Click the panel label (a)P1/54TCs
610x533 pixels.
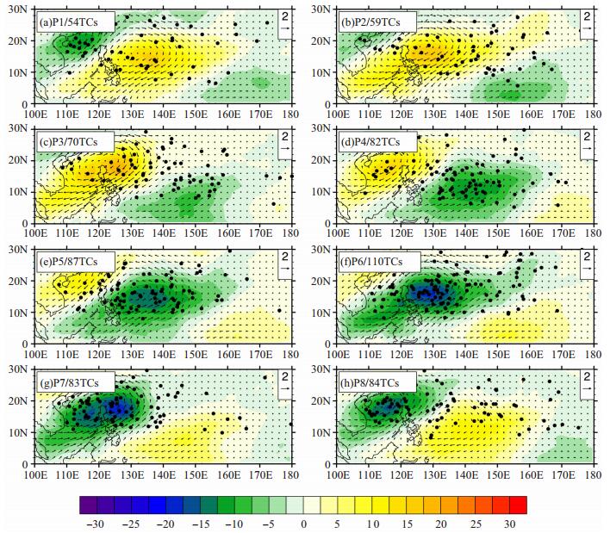tap(69, 22)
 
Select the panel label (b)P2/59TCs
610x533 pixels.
tap(370, 22)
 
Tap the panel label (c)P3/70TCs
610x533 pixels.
tap(68, 142)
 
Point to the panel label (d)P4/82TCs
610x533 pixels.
tap(370, 142)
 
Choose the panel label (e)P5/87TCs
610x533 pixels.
tap(68, 262)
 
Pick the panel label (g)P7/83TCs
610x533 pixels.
tap(69, 383)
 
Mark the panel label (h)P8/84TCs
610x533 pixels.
tap(370, 383)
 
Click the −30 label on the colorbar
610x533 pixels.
tap(96, 524)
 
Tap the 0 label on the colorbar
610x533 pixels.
tap(303, 524)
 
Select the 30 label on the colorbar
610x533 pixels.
tap(510, 524)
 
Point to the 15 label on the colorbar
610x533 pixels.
tap(407, 524)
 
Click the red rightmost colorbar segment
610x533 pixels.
tap(518, 505)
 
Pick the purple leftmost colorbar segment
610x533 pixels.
tap(88, 505)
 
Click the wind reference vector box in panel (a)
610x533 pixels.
tap(285, 23)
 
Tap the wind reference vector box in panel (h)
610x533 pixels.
tap(587, 384)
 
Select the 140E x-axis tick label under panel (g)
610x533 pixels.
tap(164, 474)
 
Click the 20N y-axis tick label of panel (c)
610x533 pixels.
tap(18, 160)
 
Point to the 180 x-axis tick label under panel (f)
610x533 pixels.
tap(594, 354)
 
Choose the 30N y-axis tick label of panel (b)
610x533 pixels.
tap(321, 9)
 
